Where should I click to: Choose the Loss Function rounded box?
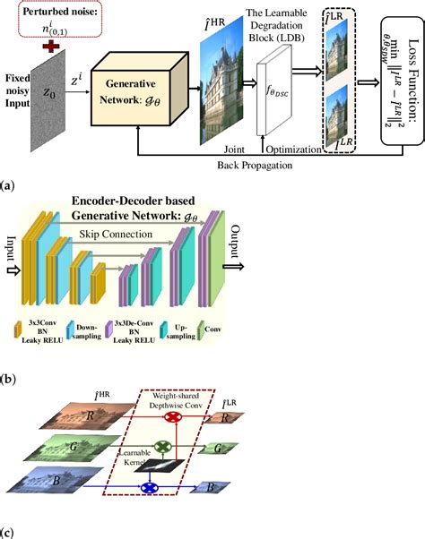(x=389, y=81)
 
